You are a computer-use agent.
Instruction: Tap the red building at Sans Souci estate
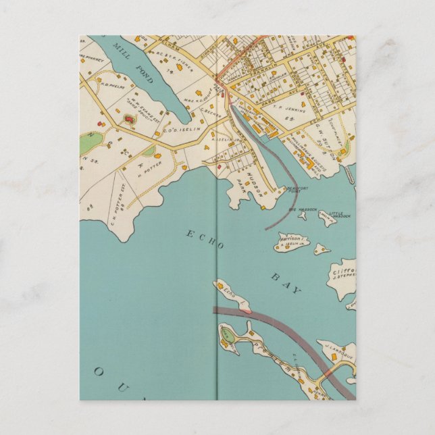128,119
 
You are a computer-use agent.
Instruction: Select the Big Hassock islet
302,215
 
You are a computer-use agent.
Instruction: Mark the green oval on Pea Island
227,334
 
